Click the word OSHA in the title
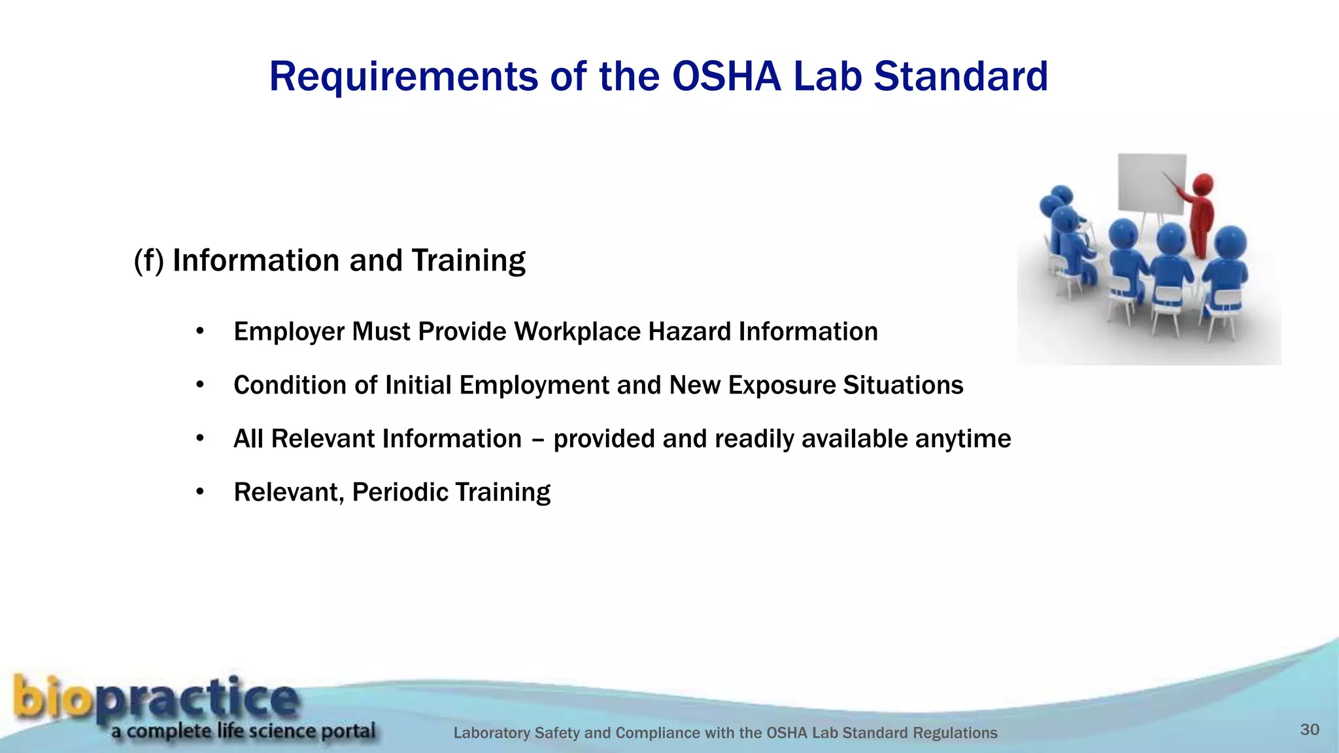pos(726,76)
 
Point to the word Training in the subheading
pos(468,261)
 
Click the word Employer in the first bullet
pos(289,332)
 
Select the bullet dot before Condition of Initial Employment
pos(200,385)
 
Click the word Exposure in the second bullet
pos(781,386)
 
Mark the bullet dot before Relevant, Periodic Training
pos(200,492)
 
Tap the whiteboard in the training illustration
pos(1151,184)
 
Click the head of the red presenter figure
pos(1203,183)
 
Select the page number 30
pos(1310,730)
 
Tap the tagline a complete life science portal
pos(243,731)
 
